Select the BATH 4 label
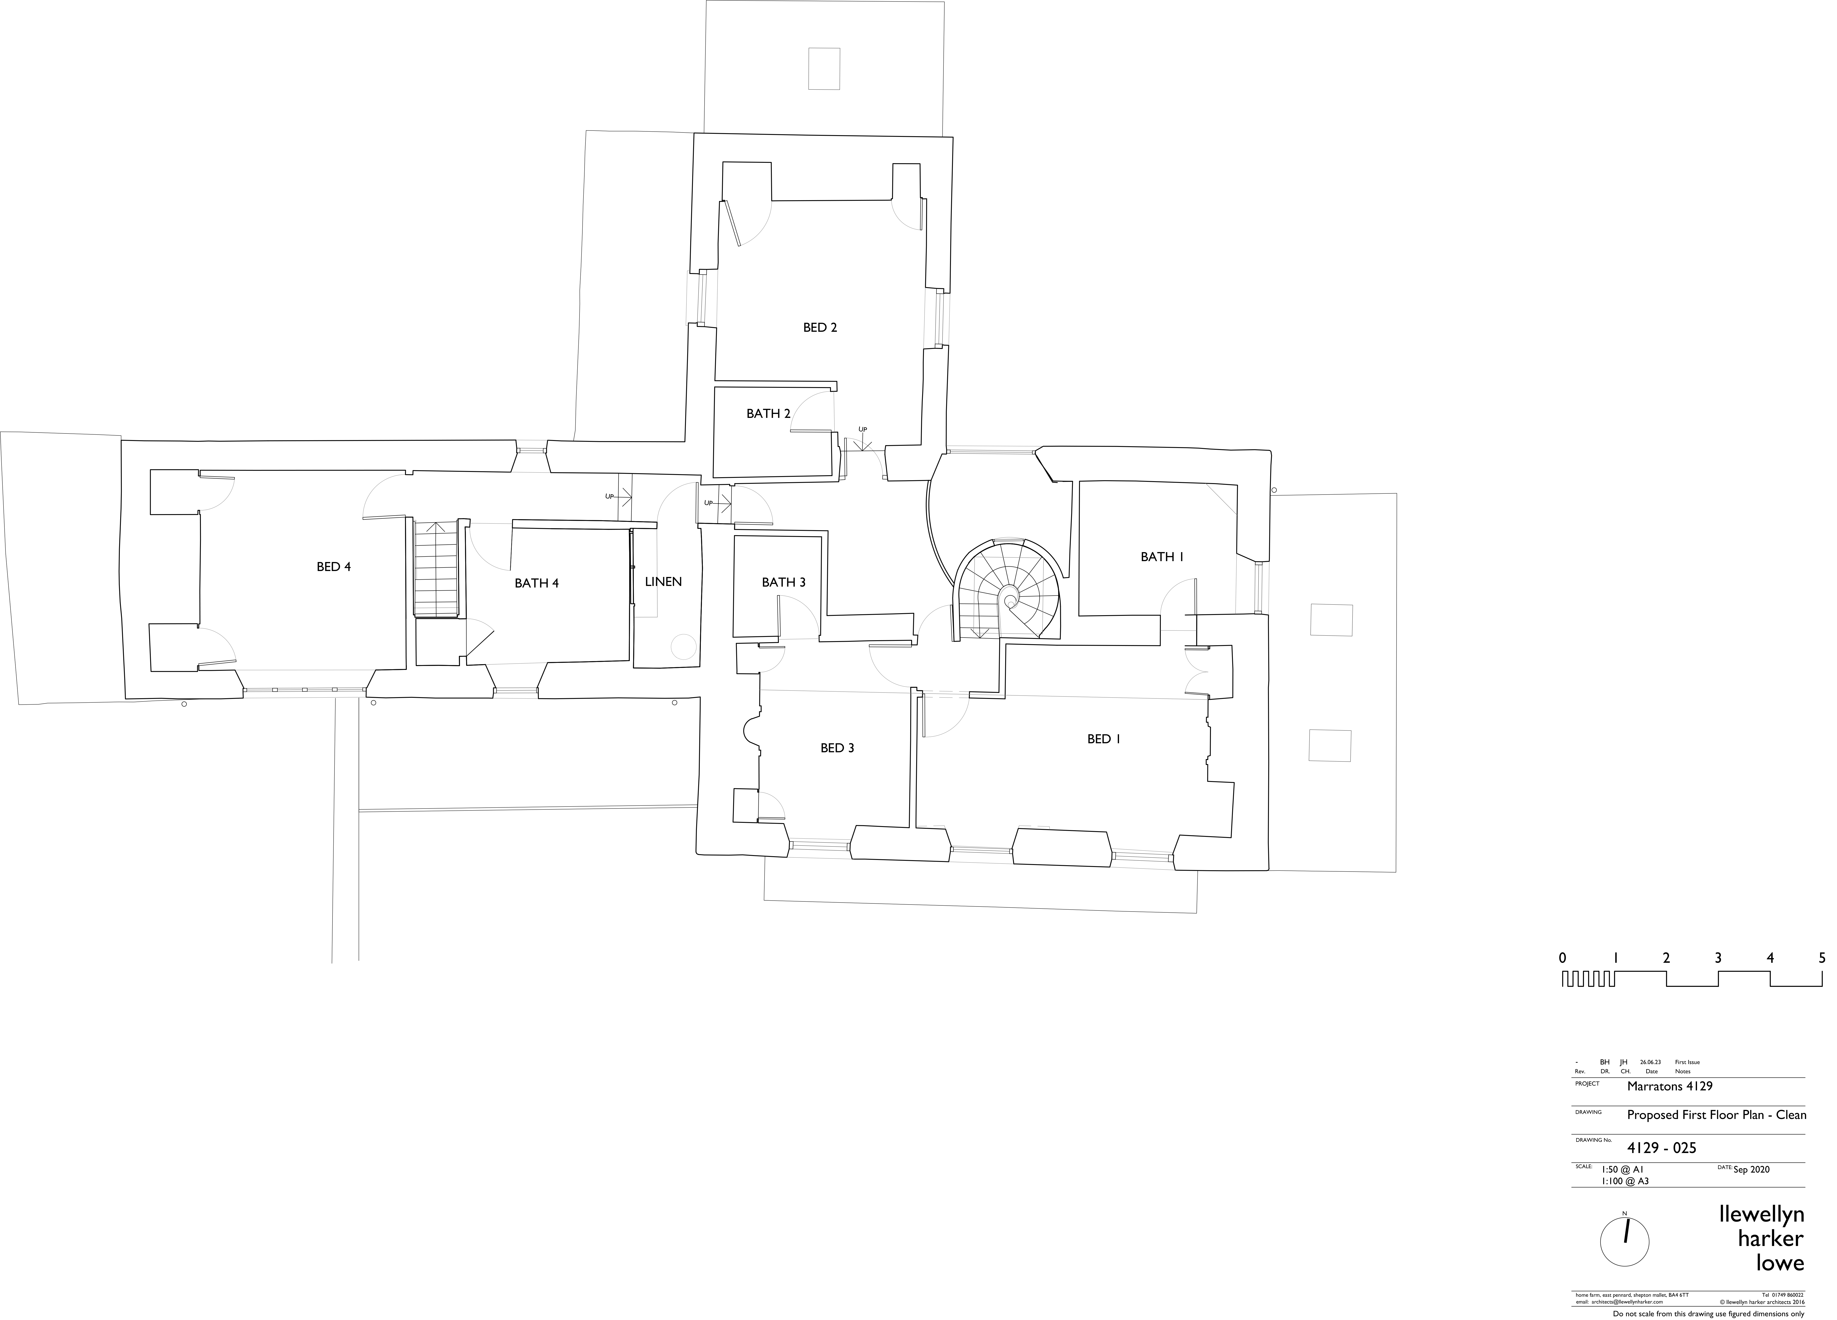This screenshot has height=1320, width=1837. pyautogui.click(x=536, y=583)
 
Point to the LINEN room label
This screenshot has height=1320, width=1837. pyautogui.click(x=663, y=581)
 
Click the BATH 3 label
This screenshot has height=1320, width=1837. pyautogui.click(x=783, y=582)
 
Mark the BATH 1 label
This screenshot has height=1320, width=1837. pyautogui.click(x=1162, y=556)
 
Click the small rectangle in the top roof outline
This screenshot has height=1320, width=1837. pyautogui.click(x=824, y=69)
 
